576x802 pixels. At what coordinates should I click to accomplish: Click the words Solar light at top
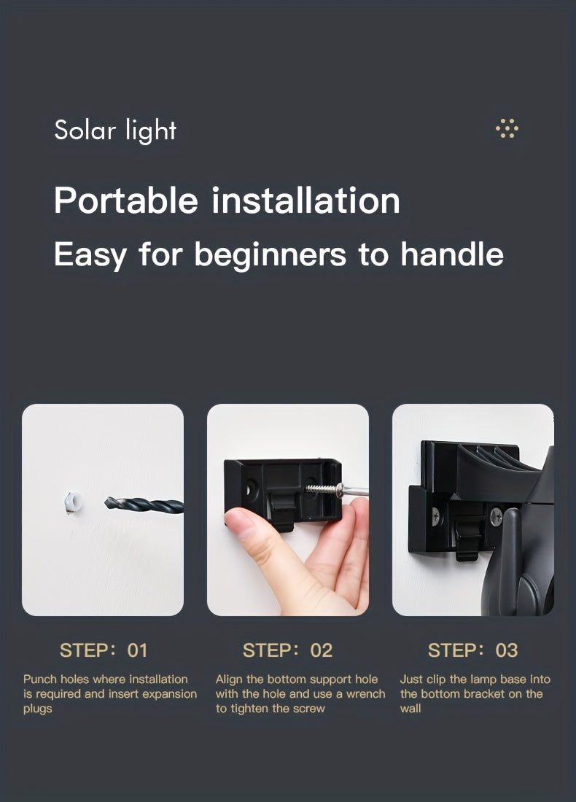pos(115,131)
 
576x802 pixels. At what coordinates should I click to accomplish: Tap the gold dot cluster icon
pos(507,129)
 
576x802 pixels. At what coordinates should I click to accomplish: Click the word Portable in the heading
pos(125,200)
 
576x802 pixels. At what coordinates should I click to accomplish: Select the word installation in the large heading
pos(305,200)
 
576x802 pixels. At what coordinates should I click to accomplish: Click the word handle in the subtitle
pos(452,254)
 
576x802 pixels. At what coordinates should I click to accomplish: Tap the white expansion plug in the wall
pos(72,502)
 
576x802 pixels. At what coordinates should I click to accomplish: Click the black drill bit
pos(144,505)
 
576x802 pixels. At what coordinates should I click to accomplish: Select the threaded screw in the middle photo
pos(322,489)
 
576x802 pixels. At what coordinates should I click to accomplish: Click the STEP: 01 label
pos(104,650)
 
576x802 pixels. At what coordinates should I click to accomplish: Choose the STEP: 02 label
pos(287,650)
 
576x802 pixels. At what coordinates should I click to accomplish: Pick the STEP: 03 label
pos(472,650)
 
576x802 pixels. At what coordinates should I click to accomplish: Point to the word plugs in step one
pos(37,709)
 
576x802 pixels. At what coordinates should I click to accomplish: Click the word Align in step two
pos(229,680)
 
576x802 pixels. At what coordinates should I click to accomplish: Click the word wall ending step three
pos(410,709)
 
